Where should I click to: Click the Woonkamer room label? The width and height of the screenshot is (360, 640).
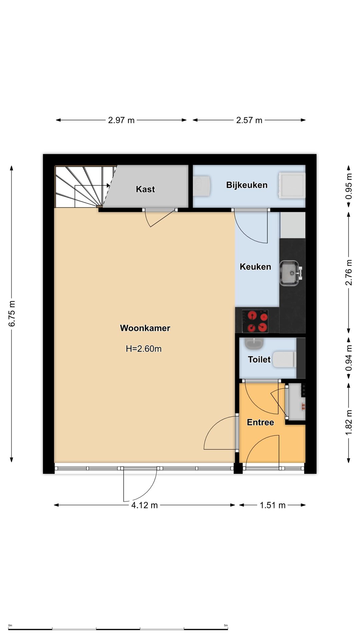tap(145, 328)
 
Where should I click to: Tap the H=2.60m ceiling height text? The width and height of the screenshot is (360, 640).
tap(144, 349)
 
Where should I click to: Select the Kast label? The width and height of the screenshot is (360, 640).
tap(145, 189)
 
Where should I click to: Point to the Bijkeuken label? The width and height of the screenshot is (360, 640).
tap(247, 185)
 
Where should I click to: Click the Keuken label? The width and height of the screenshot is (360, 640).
tap(255, 267)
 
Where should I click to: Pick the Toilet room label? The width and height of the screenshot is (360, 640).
tap(259, 359)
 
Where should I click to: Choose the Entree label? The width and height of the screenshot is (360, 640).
tap(260, 422)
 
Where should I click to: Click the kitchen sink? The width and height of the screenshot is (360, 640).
tap(290, 273)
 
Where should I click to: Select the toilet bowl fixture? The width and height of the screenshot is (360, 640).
tap(284, 359)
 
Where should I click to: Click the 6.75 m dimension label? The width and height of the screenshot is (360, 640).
tap(12, 314)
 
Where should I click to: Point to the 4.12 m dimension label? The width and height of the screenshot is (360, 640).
tap(144, 505)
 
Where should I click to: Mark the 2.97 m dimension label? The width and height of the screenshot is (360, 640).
tap(121, 120)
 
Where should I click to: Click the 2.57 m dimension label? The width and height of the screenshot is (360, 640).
tap(249, 120)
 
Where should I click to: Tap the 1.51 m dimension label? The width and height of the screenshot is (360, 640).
tap(273, 505)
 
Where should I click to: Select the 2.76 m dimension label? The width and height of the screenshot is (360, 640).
tap(349, 273)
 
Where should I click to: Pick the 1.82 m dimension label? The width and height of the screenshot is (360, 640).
tap(349, 423)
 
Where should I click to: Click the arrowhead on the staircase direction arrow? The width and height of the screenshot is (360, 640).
tap(108, 185)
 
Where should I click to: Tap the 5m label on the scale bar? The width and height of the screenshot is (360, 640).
tap(226, 625)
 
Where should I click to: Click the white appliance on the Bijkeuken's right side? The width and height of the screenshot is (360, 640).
tap(292, 185)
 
